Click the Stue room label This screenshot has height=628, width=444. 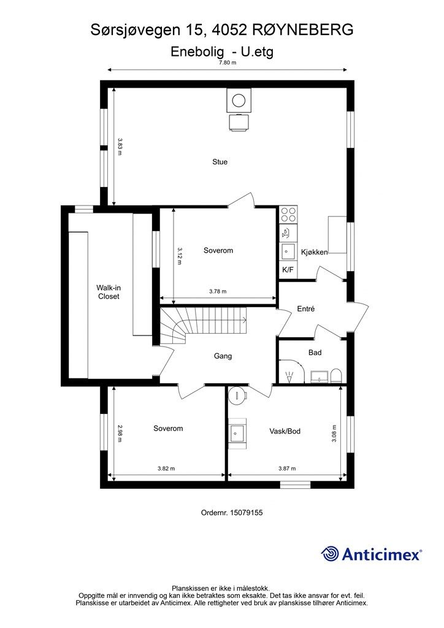[220, 162]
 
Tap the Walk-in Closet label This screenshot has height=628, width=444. [109, 292]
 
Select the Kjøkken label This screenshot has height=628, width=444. [314, 252]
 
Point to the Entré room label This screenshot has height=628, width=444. [306, 309]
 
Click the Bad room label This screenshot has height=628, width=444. [315, 353]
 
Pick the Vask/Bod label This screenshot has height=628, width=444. [285, 431]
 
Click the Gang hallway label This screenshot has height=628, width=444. [223, 356]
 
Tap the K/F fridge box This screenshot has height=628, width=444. [288, 270]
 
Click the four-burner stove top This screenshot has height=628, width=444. [288, 214]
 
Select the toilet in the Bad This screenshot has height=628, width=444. [336, 376]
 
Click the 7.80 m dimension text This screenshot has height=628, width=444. [228, 63]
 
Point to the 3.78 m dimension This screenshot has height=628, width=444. [218, 291]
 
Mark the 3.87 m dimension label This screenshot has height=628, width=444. [287, 468]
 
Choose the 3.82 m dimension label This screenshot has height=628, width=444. [166, 468]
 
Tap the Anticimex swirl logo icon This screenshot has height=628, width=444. [331, 554]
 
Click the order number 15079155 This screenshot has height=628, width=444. [247, 513]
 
